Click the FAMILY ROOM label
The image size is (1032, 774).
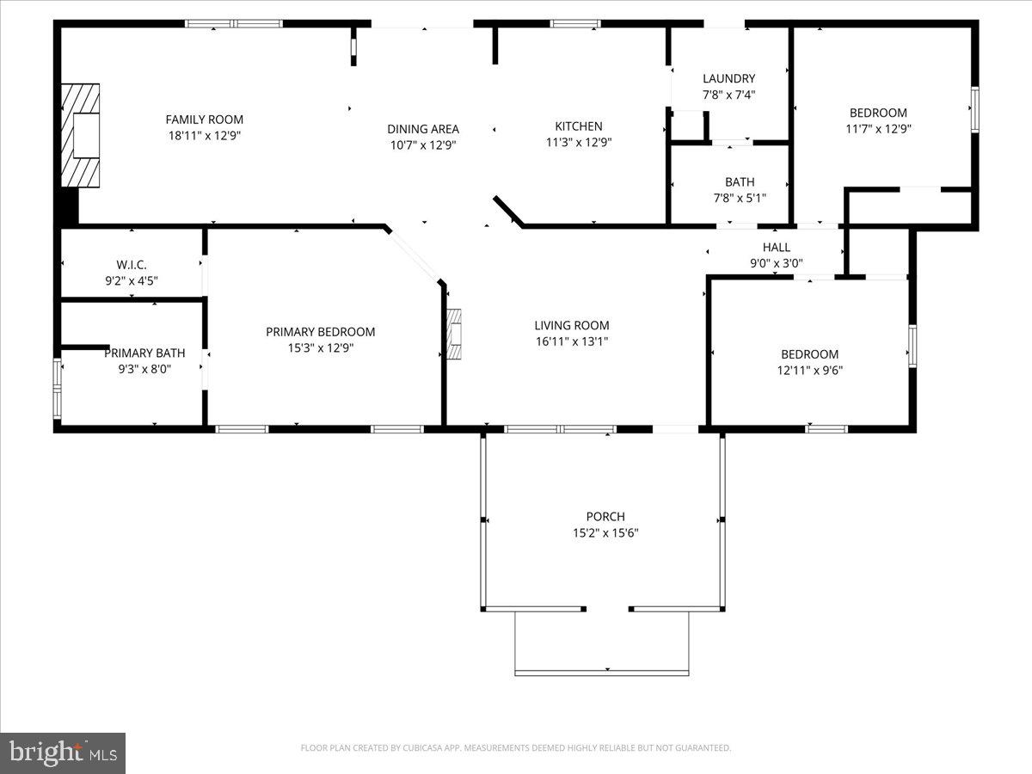205,120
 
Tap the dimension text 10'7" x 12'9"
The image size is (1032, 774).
423,145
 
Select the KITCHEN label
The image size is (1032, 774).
578,126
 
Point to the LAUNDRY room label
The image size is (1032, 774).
728,78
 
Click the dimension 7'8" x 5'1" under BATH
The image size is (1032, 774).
740,198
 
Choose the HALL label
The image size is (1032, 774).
776,248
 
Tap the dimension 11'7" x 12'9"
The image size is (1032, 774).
878,129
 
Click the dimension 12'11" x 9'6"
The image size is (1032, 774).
809,371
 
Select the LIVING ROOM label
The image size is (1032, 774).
572,325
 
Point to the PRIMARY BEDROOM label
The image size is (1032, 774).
320,332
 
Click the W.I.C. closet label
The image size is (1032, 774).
132,264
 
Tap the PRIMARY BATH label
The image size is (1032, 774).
144,353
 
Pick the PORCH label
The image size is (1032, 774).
605,517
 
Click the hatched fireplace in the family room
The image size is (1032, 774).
80,135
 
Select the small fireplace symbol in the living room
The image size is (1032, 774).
454,334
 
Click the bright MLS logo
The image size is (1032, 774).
63,752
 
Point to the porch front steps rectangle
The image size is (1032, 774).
601,642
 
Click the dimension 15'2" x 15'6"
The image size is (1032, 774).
605,533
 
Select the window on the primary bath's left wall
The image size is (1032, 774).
58,389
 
